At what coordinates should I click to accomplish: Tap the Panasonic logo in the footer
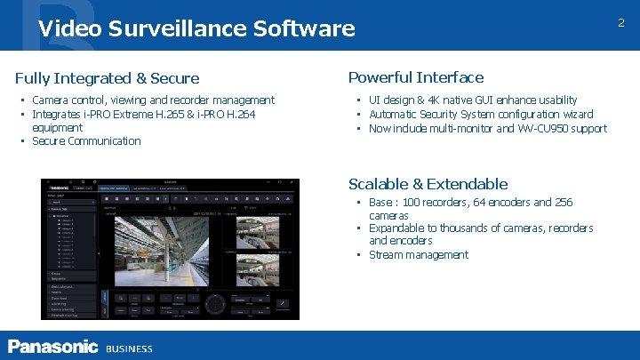[52, 346]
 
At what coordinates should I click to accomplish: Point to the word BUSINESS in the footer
[129, 348]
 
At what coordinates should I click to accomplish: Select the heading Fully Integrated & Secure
[107, 79]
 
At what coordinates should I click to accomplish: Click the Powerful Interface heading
[415, 77]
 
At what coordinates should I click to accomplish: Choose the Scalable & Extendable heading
[428, 184]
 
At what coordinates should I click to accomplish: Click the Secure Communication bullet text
[86, 140]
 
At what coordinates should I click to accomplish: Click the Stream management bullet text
[418, 254]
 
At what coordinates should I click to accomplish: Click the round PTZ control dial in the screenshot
[213, 304]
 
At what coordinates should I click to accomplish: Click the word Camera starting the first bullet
[50, 100]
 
